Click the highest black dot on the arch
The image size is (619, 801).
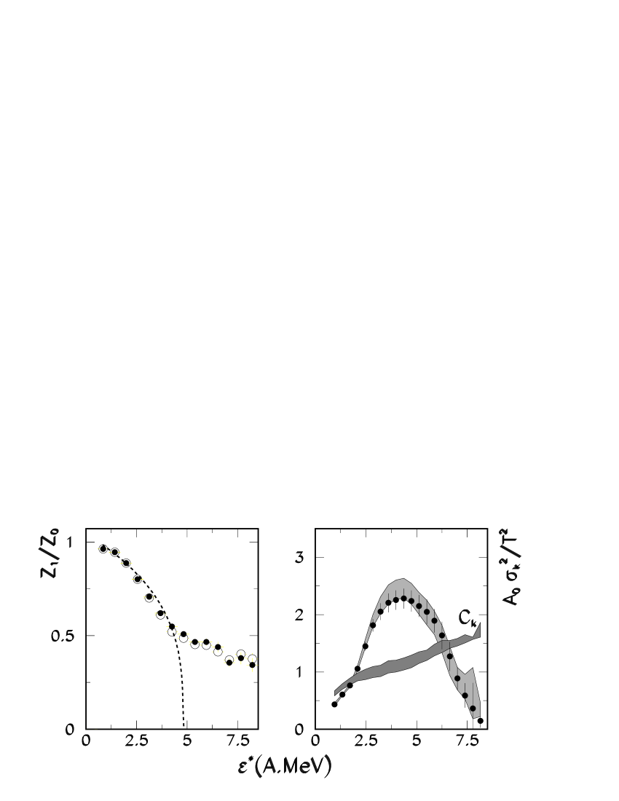[x=403, y=599]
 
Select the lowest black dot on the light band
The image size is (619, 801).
[x=473, y=708]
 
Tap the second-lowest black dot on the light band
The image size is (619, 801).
[x=465, y=695]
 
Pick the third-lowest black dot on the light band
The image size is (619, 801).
[x=457, y=678]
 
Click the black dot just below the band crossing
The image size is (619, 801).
[x=449, y=656]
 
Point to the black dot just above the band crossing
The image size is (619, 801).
[x=441, y=635]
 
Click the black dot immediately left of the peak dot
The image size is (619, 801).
[x=395, y=600]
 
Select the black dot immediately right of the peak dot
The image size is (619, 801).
[x=411, y=601]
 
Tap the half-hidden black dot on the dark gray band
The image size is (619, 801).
[x=349, y=684]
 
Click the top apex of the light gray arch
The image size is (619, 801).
[x=400, y=580]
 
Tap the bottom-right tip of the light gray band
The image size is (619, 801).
[x=476, y=717]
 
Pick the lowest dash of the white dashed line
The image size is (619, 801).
[x=338, y=701]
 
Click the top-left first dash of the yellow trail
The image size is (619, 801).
[x=98, y=548]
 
